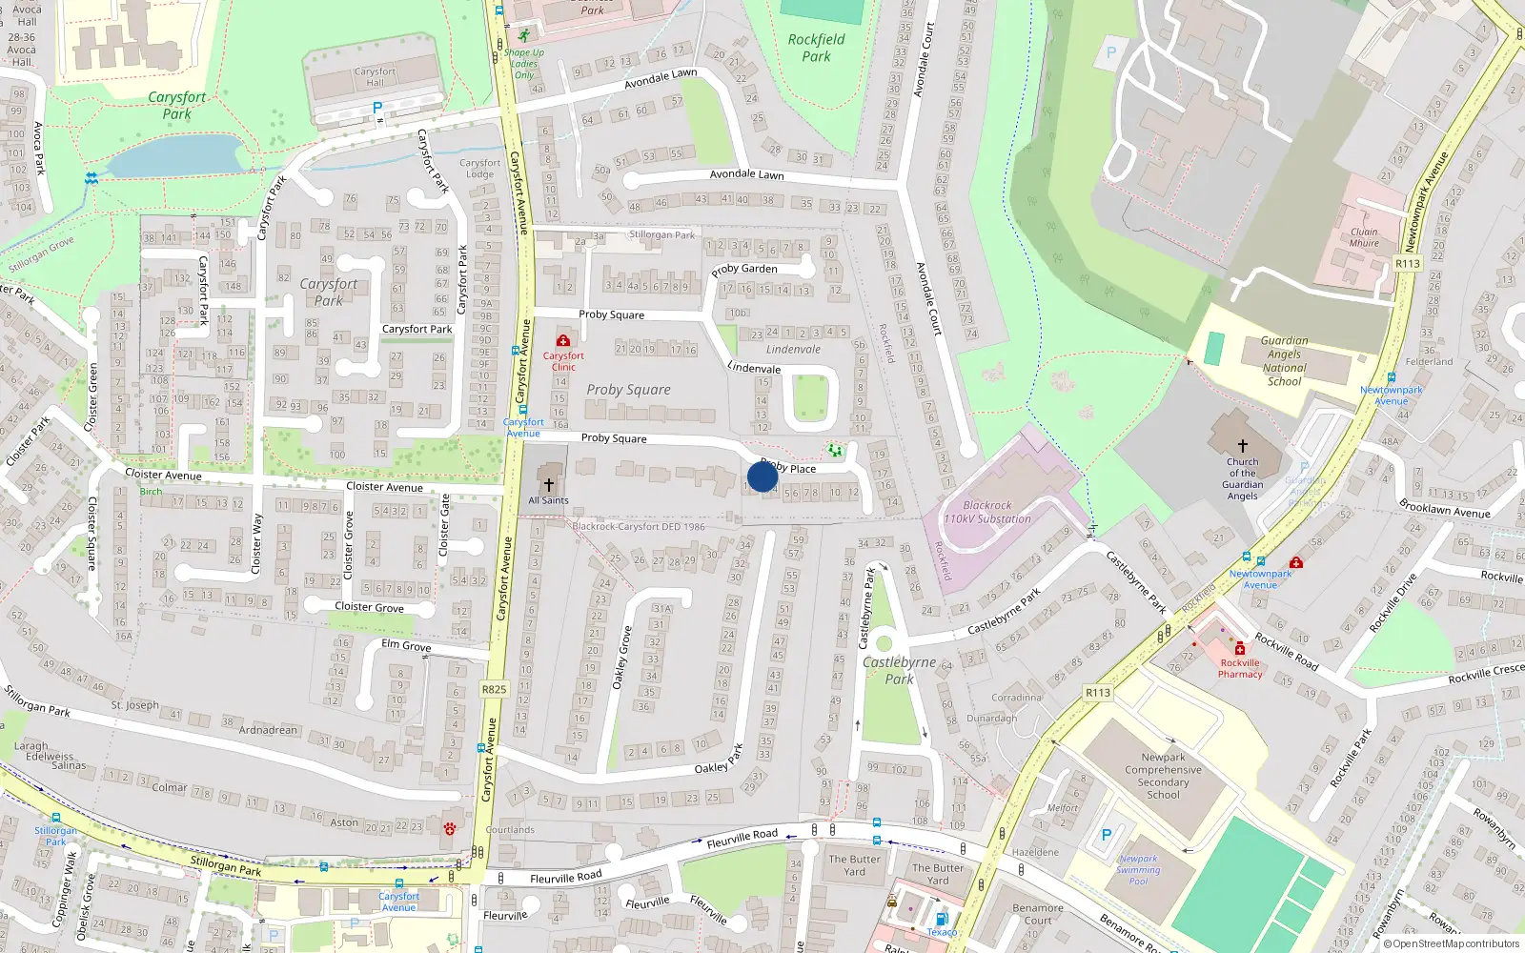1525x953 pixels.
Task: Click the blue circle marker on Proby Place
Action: [x=762, y=476]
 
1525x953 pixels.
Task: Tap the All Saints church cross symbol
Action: [x=548, y=485]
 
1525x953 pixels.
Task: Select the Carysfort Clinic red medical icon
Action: [x=563, y=340]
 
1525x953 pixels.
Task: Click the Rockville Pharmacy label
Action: [x=1240, y=668]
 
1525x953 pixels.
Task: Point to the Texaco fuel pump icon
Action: [x=941, y=919]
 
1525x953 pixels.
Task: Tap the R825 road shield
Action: [x=494, y=689]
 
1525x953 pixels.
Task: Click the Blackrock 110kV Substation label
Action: [x=987, y=513]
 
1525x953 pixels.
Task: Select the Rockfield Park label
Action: [x=816, y=48]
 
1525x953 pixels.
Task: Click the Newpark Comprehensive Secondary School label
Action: [x=1163, y=776]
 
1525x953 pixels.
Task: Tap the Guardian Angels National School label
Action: [x=1284, y=360]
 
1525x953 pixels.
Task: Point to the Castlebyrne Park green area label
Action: [x=899, y=670]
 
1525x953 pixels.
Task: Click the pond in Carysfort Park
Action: [x=176, y=155]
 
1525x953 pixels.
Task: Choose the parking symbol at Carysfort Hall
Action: [x=377, y=109]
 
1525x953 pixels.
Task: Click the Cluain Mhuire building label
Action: [x=1364, y=237]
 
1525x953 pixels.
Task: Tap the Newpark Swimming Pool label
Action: [x=1138, y=869]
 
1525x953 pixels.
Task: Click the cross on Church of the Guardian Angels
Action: [x=1242, y=445]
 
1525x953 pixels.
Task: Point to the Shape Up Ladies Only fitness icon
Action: [x=523, y=35]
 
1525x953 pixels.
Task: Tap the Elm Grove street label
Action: [x=406, y=645]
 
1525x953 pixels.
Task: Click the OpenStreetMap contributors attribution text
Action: [x=1454, y=944]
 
